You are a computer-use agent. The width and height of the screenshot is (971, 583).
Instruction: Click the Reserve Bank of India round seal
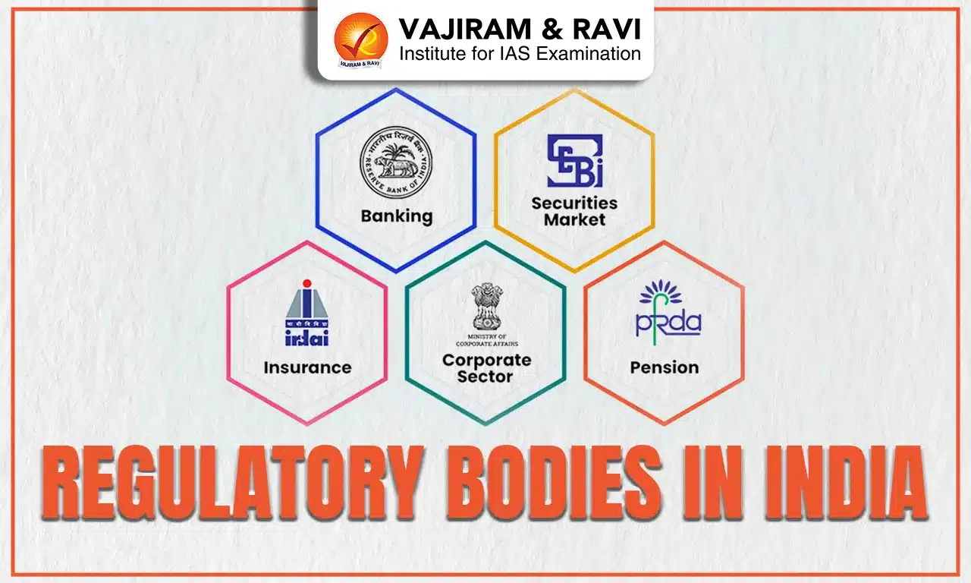(395, 164)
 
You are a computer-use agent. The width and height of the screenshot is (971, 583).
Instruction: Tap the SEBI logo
(574, 160)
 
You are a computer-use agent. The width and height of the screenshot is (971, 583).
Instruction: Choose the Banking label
(396, 216)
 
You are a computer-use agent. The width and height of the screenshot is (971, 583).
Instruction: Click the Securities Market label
(574, 211)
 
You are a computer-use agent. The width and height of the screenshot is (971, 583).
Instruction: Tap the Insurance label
(307, 367)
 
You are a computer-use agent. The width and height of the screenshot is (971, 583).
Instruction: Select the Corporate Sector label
(486, 367)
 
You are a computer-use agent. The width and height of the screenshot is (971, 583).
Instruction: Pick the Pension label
(664, 367)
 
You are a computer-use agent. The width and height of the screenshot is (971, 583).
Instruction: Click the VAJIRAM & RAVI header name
(520, 28)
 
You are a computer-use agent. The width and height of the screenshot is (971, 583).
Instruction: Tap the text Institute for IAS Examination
(520, 54)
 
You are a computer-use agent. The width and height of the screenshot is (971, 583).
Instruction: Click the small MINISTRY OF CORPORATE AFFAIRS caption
(486, 339)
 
